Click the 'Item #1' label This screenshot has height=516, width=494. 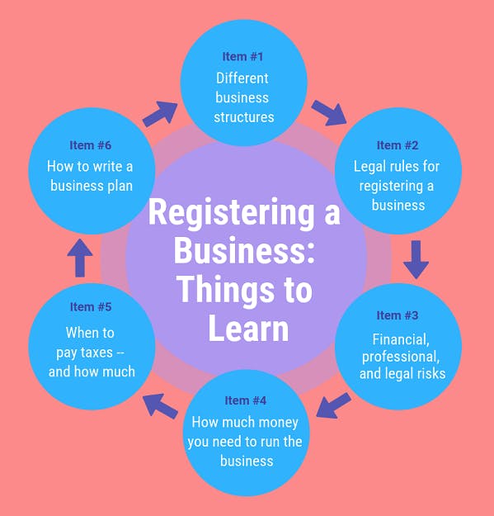click(x=242, y=57)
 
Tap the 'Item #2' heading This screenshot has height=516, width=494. click(x=398, y=145)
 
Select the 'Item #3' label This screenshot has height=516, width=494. click(x=398, y=315)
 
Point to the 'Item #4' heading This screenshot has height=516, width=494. click(x=246, y=400)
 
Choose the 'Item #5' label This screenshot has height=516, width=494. click(x=91, y=306)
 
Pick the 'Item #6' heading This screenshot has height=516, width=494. click(x=91, y=145)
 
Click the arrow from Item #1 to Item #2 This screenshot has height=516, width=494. click(x=329, y=113)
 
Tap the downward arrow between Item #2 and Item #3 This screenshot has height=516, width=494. click(x=416, y=259)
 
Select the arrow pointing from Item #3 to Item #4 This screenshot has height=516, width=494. click(x=333, y=405)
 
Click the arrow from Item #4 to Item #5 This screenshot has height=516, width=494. click(x=160, y=406)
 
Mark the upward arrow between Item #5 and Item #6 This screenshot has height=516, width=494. click(x=80, y=258)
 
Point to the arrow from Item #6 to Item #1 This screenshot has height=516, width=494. click(x=160, y=114)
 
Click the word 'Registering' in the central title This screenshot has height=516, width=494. click(x=232, y=213)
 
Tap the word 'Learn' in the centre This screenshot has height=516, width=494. click(x=248, y=328)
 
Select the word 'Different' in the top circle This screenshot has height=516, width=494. click(x=242, y=78)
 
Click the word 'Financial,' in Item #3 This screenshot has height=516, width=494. click(x=401, y=339)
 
